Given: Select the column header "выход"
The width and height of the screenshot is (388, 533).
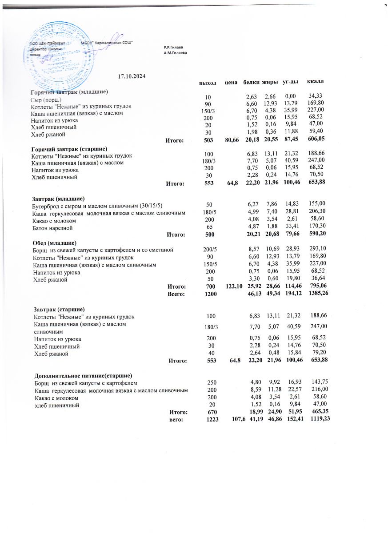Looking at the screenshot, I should [208, 83].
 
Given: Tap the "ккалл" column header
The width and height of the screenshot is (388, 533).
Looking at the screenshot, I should [316, 82].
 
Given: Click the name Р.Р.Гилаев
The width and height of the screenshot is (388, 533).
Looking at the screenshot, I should [173, 47].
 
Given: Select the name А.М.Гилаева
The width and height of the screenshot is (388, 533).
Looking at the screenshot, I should [175, 52].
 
